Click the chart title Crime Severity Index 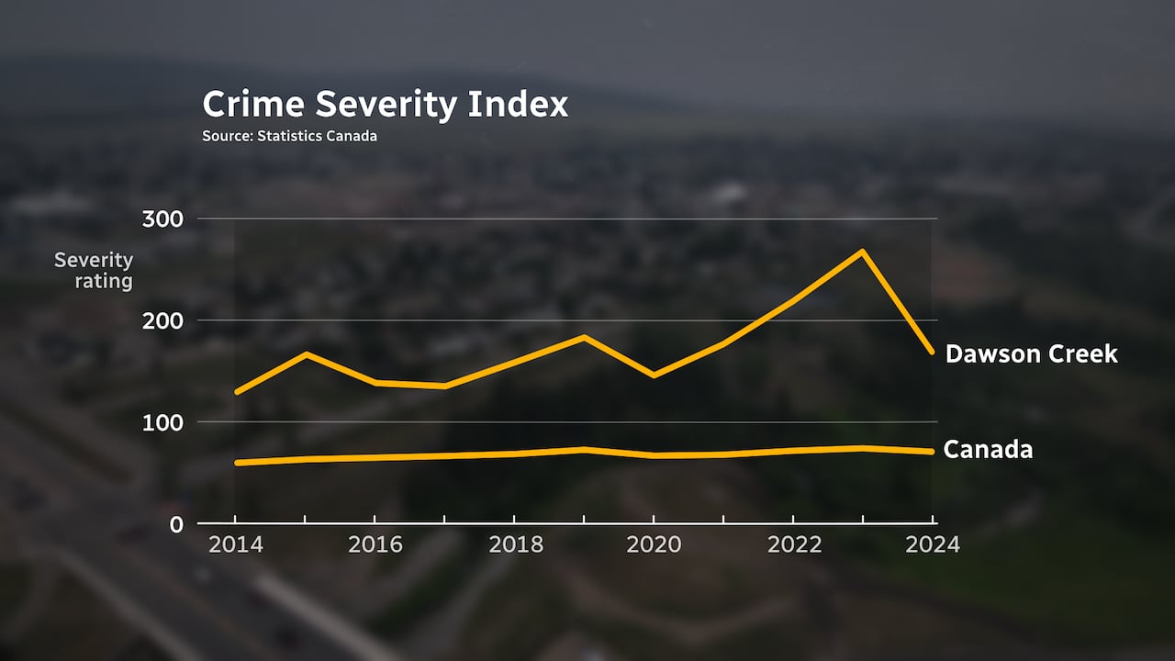click(385, 105)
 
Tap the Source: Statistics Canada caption click(289, 136)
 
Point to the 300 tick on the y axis click(163, 219)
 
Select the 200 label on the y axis click(163, 320)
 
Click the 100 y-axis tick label click(163, 422)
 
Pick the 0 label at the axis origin click(176, 524)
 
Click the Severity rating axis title click(95, 271)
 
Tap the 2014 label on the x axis click(235, 544)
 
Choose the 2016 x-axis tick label click(375, 544)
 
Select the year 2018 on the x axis click(515, 544)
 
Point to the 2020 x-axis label click(654, 544)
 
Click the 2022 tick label click(794, 544)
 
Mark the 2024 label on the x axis click(933, 544)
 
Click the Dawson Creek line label click(1031, 353)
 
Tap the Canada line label click(988, 450)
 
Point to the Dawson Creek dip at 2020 click(654, 375)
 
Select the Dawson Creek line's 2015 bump click(306, 353)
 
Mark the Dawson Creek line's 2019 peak click(584, 337)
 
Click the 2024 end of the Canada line click(932, 451)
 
